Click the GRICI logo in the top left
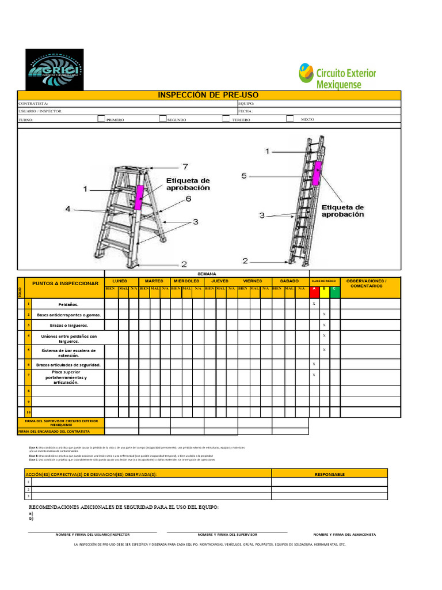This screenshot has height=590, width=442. coord(55,69)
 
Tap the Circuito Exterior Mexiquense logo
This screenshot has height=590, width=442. coord(337,76)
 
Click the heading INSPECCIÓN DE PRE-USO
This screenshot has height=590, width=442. coord(208,95)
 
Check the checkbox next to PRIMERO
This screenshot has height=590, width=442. coord(101,119)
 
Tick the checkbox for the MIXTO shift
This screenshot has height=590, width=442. coord(290,119)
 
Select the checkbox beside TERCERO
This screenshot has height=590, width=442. coord(225,119)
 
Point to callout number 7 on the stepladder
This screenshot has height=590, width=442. coord(185,167)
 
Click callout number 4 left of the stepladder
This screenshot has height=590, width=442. coord(68,209)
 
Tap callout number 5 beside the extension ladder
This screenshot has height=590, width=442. coord(244,176)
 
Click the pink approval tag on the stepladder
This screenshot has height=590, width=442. coord(139,197)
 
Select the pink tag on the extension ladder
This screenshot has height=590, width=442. coord(316,173)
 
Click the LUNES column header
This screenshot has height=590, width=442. coord(120,281)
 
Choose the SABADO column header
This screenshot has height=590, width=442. coord(289,281)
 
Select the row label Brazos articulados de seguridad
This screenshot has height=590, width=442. coord(68,365)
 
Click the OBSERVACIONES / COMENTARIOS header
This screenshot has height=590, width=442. coord(368,283)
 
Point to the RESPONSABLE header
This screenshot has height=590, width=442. coord(330,474)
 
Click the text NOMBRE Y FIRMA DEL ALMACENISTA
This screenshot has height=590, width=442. coord(344,535)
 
